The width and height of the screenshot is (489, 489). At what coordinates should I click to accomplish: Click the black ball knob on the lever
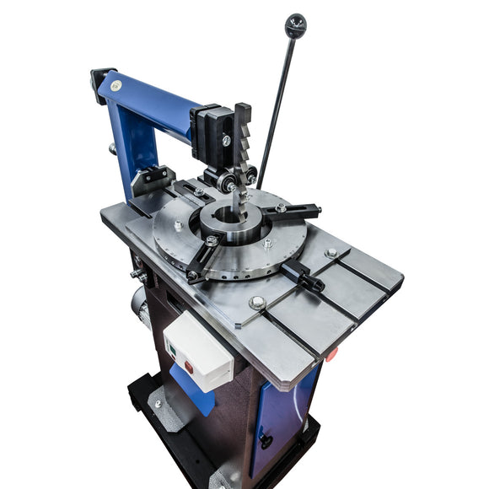coord(295,25)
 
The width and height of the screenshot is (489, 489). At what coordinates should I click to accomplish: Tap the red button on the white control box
coord(188,367)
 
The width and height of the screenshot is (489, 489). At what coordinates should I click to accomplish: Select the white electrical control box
coord(197,350)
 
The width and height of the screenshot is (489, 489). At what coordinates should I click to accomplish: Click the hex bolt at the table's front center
coord(257,303)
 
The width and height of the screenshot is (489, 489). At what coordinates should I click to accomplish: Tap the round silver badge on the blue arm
coord(116,85)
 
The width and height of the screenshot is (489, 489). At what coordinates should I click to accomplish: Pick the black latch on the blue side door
coord(266,438)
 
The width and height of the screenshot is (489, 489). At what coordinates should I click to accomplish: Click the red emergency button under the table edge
coord(330,353)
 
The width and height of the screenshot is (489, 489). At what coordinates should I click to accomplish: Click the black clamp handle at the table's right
coord(304,275)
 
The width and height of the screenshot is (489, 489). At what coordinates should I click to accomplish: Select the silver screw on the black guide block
coord(226,140)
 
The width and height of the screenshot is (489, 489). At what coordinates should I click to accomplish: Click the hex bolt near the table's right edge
coord(330,253)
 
